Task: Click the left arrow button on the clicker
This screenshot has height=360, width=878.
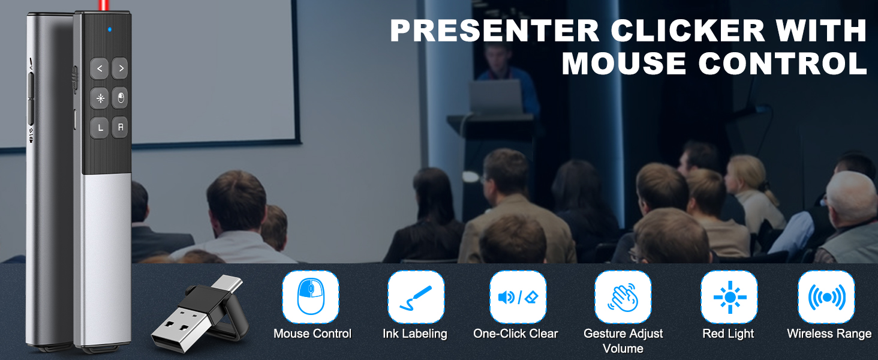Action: pyautogui.click(x=99, y=68)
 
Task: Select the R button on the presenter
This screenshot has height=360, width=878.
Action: pyautogui.click(x=119, y=127)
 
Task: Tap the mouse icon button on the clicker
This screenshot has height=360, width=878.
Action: pyautogui.click(x=119, y=98)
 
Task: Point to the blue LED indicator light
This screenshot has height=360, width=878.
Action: pyautogui.click(x=109, y=29)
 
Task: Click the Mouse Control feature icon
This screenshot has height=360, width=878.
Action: pyautogui.click(x=311, y=297)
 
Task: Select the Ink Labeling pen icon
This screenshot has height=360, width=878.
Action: pyautogui.click(x=416, y=297)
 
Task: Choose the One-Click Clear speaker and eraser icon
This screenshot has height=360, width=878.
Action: pyautogui.click(x=518, y=297)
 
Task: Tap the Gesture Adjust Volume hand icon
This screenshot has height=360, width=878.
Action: pyautogui.click(x=623, y=297)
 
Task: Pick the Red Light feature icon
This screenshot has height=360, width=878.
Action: pyautogui.click(x=729, y=297)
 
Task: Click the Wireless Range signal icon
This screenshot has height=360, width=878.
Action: pyautogui.click(x=826, y=297)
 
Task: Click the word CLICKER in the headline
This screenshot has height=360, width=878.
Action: pyautogui.click(x=687, y=31)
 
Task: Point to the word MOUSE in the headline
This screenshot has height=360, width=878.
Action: pyautogui.click(x=624, y=63)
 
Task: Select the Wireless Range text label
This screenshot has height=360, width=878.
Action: pyautogui.click(x=829, y=334)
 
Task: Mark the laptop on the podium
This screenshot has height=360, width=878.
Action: pyautogui.click(x=496, y=97)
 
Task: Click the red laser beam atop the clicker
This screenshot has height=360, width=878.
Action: pyautogui.click(x=104, y=5)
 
